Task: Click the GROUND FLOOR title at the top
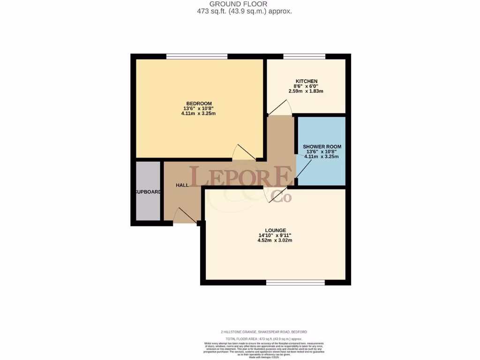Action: point(240,4)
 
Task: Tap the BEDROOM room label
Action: point(199,104)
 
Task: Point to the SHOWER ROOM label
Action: point(322,147)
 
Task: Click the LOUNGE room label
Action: point(275,230)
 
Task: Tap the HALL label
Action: point(182,185)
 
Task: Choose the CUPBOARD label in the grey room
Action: point(148,192)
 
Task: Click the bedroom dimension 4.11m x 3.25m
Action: point(199,113)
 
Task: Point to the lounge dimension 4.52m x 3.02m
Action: point(275,240)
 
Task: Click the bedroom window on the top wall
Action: point(197,57)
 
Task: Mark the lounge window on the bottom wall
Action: point(295,282)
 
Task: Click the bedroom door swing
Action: point(244,153)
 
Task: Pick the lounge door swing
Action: point(272,195)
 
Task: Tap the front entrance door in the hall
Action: point(185,216)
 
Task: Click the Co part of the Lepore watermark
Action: point(283,197)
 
